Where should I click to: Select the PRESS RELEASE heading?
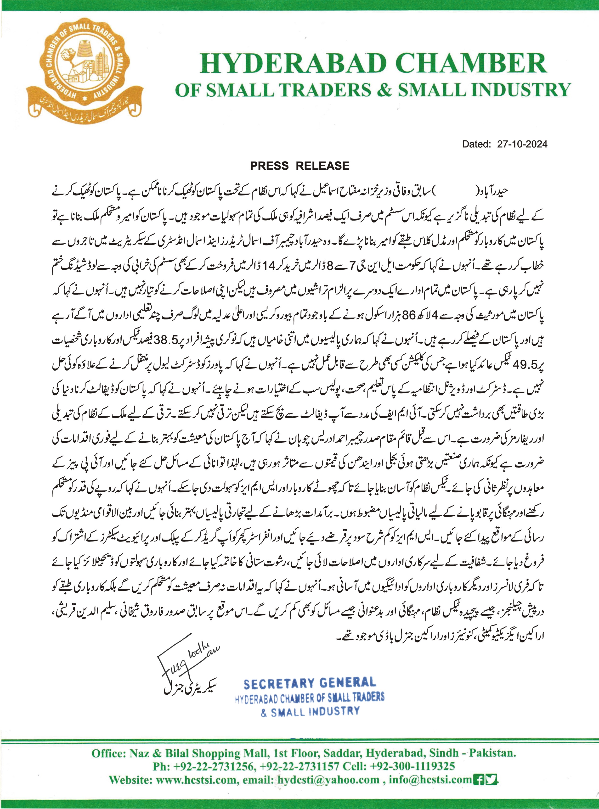click(x=299, y=166)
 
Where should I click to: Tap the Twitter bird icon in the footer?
click(x=492, y=779)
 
